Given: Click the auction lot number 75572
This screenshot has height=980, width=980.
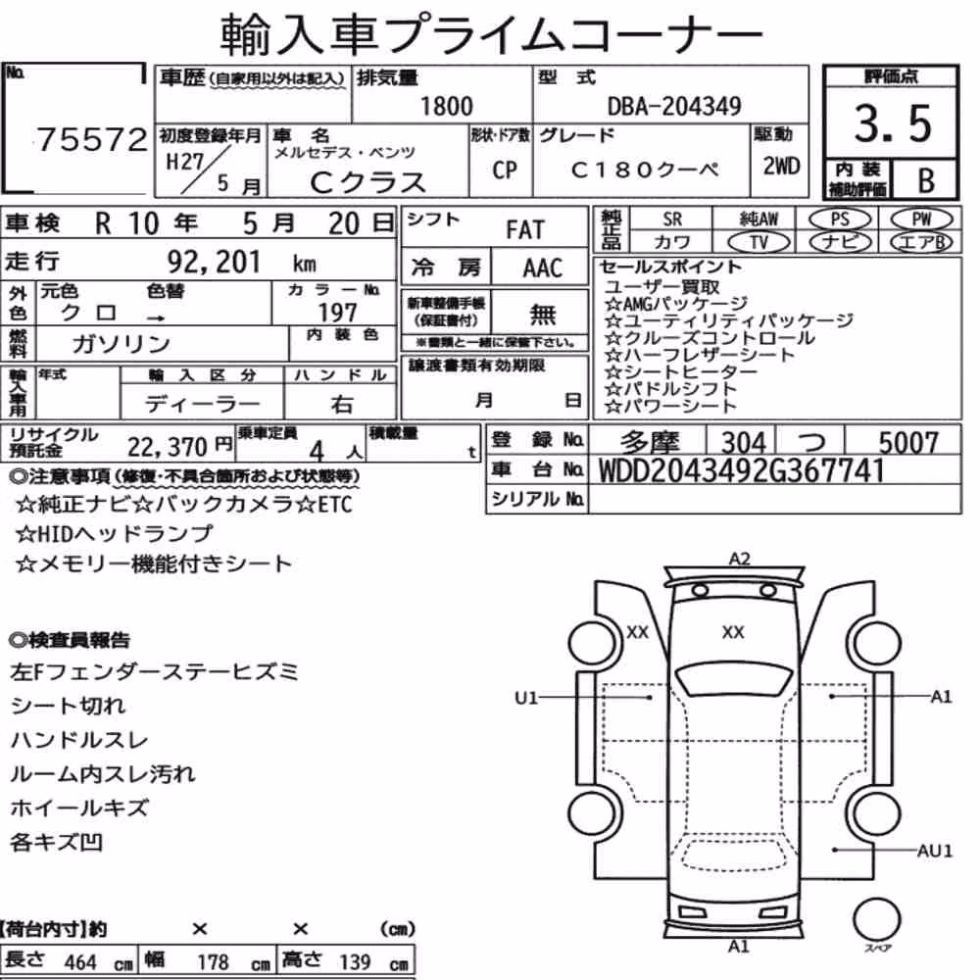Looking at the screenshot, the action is [92, 139].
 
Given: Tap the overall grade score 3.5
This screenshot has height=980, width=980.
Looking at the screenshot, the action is [893, 123].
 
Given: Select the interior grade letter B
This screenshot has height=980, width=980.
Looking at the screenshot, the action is [926, 180].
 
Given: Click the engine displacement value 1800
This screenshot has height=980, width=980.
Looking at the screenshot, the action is [446, 106].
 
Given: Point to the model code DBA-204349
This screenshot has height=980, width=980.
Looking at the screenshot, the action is [674, 106].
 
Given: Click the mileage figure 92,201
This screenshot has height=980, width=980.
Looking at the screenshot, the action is [214, 263].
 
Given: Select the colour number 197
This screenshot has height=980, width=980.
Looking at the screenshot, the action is [337, 313].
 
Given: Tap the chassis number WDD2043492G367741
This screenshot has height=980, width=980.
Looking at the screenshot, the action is [741, 471].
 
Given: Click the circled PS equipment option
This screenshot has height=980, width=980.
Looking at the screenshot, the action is [840, 220].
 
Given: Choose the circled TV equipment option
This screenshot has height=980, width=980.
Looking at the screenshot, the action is [759, 242].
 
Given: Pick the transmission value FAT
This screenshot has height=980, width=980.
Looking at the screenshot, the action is [525, 230].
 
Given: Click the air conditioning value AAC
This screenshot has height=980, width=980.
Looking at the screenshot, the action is [543, 269].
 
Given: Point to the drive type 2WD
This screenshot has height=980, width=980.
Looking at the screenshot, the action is [781, 167].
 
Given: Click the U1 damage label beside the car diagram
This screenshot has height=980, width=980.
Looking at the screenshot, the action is [526, 698].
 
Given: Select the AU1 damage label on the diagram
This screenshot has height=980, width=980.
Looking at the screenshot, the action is [934, 851].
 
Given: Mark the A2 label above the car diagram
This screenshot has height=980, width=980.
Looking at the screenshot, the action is [739, 559].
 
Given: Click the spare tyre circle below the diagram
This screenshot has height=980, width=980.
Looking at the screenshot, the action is [876, 920].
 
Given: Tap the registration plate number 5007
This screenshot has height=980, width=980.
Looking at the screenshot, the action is [908, 443].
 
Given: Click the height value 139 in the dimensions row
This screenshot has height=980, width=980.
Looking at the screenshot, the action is [355, 962].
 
